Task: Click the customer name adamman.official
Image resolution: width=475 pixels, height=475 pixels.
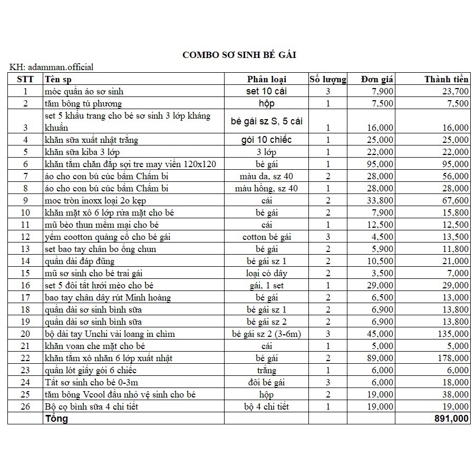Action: click(x=61, y=67)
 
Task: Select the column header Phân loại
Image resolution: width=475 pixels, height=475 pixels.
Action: click(x=267, y=80)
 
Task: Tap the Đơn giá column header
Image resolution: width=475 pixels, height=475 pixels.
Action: click(x=378, y=80)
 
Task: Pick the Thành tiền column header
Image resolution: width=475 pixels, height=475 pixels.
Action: click(x=447, y=80)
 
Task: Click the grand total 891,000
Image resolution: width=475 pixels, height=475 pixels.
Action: click(x=451, y=419)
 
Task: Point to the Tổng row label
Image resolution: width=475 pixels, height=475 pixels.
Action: click(x=57, y=419)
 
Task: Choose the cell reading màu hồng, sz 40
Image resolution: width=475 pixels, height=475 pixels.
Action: click(x=267, y=188)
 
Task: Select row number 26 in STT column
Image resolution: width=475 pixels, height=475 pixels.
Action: click(x=25, y=406)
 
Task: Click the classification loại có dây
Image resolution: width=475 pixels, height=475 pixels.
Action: click(x=267, y=273)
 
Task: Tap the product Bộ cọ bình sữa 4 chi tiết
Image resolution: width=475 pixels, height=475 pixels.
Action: click(x=95, y=406)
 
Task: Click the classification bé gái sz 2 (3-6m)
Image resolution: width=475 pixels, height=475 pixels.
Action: click(x=267, y=334)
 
